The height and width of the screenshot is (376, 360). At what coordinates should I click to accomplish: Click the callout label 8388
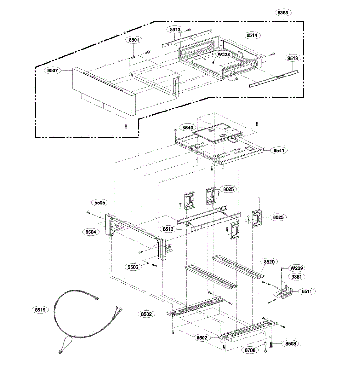[x=283, y=13]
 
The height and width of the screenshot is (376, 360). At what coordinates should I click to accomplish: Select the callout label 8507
[x=53, y=70]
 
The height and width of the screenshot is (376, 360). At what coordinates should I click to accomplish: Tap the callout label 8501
[x=134, y=40]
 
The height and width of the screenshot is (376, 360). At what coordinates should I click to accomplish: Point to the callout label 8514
[x=252, y=35]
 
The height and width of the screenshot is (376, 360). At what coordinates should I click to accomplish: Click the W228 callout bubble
[x=224, y=55]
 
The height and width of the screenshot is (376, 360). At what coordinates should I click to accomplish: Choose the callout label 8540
[x=188, y=128]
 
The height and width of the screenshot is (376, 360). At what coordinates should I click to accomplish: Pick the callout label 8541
[x=279, y=150]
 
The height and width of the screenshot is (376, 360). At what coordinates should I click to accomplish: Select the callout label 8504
[x=91, y=232]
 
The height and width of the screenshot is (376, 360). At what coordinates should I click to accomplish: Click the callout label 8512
[x=168, y=229]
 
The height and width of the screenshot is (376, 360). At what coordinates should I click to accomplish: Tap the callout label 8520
[x=269, y=262]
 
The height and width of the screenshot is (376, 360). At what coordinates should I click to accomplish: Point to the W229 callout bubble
[x=297, y=269]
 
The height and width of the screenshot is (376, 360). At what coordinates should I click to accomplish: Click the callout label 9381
[x=297, y=277]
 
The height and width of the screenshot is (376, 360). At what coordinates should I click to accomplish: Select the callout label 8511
[x=307, y=291]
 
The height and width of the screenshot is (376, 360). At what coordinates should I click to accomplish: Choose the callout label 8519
[x=40, y=310]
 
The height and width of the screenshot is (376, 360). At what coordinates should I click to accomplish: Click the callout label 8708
[x=250, y=350]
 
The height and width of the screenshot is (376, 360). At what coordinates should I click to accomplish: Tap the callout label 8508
[x=291, y=344]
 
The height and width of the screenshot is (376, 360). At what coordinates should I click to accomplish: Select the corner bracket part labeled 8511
[x=285, y=292]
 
